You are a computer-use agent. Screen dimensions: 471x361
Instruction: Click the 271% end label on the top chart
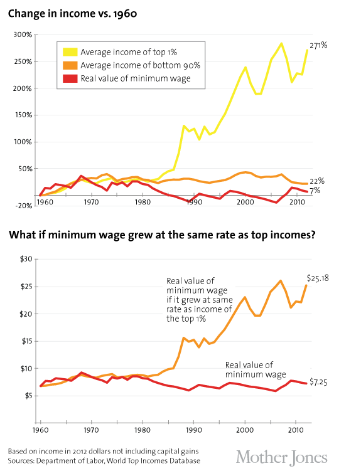(321, 45)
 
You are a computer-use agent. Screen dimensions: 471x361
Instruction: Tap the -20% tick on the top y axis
(24, 206)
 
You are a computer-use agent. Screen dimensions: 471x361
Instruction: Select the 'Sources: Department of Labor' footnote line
(104, 461)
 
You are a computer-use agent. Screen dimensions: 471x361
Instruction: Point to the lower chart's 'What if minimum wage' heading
(161, 235)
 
